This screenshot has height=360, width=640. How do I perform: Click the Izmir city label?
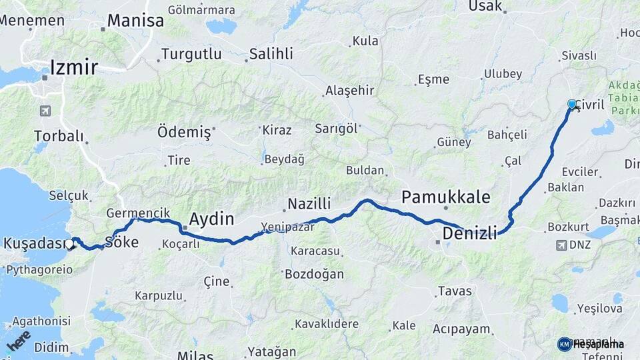(x=73, y=67)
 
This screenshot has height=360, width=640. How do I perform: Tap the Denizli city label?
(x=470, y=233)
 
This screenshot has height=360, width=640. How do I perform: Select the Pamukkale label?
(x=445, y=197)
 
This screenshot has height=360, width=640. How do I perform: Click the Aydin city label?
(x=211, y=219)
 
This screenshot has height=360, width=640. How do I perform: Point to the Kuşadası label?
(x=37, y=243)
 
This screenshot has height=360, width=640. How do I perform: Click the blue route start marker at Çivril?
(x=571, y=104)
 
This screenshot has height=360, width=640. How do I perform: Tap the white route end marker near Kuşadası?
(x=70, y=244)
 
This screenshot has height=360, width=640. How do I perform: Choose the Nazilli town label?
(x=309, y=204)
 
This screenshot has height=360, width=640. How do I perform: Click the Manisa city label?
(x=135, y=21)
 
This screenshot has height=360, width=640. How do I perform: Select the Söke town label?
(x=121, y=242)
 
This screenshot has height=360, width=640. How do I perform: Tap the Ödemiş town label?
(x=184, y=132)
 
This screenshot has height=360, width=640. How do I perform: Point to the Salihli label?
(x=271, y=54)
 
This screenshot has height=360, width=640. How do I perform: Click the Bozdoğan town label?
(x=314, y=274)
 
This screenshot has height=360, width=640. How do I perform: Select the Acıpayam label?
(x=461, y=329)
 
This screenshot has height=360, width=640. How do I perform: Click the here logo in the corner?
(x=18, y=341)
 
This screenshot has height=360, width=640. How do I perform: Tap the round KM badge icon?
(x=565, y=344)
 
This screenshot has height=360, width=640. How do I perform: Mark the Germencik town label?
(x=133, y=213)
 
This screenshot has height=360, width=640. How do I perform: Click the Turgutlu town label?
(x=191, y=54)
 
